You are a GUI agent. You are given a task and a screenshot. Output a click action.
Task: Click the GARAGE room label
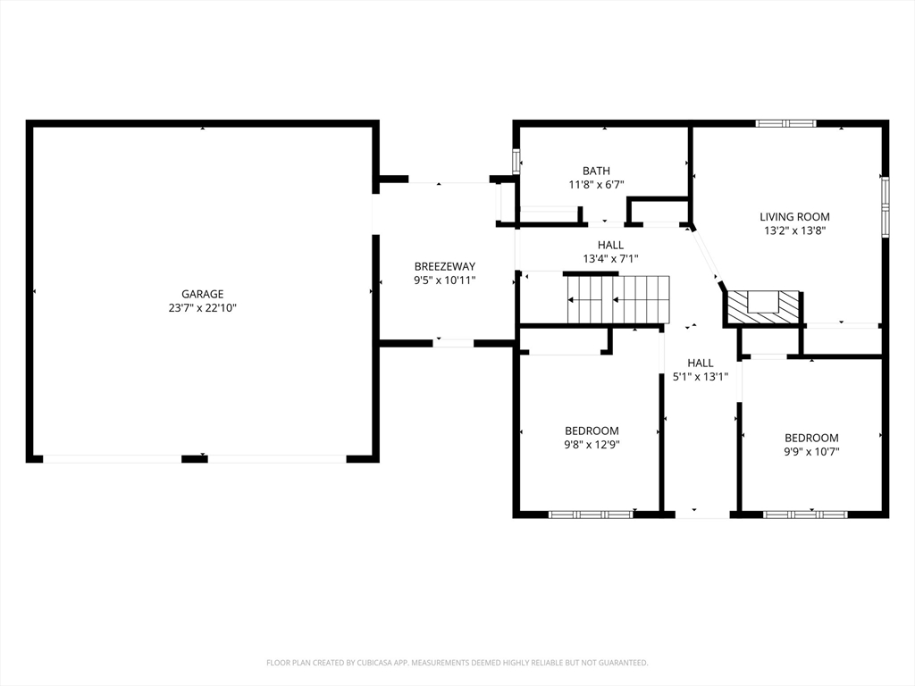(203, 294)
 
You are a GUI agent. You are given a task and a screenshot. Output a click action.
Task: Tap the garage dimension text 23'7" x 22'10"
(203, 308)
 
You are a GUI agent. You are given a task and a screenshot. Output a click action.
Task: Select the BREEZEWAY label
(445, 266)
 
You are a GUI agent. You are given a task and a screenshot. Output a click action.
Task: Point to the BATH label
(596, 171)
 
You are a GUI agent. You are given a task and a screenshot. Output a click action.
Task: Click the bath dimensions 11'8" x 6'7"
(596, 185)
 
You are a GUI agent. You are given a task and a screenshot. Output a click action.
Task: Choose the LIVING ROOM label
(794, 216)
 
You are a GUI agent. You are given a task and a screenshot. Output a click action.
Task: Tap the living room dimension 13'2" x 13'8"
(794, 230)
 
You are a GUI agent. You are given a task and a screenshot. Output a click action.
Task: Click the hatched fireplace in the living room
(763, 307)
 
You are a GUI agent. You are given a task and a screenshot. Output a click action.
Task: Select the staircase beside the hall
(618, 299)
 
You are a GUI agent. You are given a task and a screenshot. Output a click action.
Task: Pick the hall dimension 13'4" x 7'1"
(610, 259)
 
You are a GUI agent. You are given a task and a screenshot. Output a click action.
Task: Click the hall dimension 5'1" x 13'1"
(701, 377)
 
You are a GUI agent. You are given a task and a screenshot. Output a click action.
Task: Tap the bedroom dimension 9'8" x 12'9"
(592, 445)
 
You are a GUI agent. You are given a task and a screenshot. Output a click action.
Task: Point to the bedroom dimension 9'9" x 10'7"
(811, 451)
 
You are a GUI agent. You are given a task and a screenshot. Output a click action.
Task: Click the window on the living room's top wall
(785, 123)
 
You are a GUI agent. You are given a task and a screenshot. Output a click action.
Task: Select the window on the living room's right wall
(886, 207)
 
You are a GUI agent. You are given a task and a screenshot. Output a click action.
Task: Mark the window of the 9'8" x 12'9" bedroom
(592, 514)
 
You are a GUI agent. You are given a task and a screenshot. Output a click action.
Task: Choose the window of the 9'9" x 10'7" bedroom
(805, 514)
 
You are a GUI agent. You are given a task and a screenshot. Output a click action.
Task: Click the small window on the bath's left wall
(516, 162)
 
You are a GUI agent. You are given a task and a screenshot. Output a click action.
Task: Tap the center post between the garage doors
(194, 459)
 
